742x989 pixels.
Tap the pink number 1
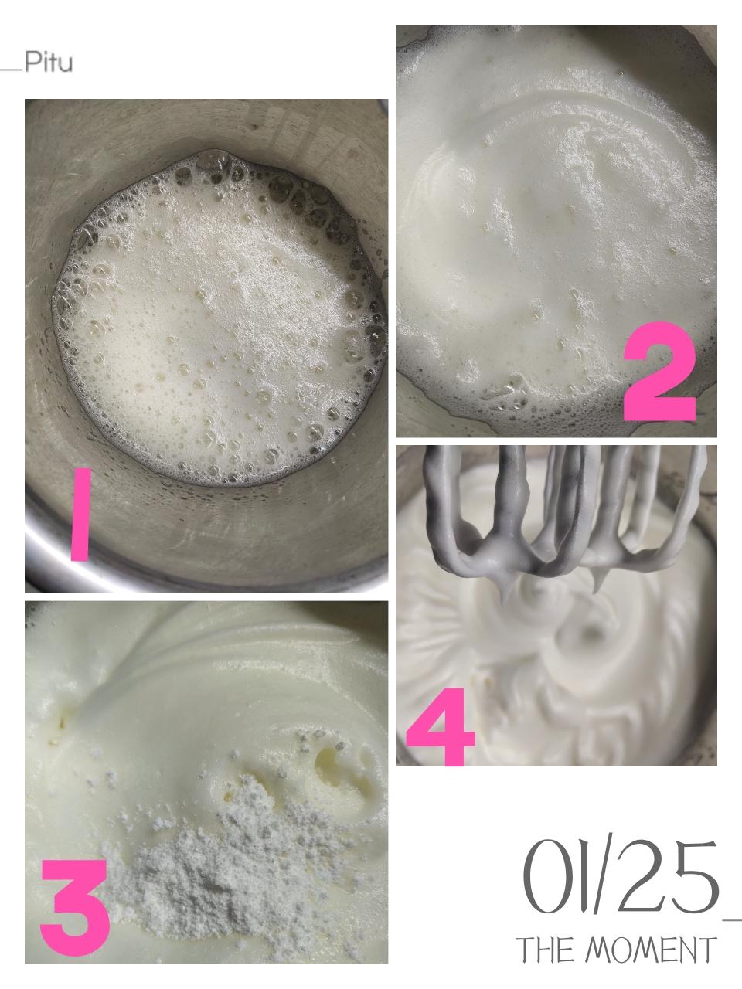81,514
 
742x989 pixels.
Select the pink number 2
659,376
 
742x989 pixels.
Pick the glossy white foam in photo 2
554,202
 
